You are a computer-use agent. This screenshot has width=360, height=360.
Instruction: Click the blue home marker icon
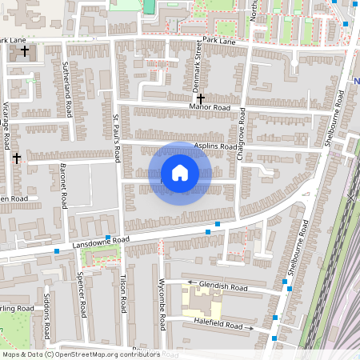pos(180,174)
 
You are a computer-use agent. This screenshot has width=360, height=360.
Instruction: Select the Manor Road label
pos(210,107)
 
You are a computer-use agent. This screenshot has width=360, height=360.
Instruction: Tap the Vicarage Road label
pos(6,125)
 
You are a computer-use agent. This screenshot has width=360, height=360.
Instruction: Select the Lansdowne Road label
pos(100,240)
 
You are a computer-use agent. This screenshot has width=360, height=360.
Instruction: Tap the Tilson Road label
pos(123,294)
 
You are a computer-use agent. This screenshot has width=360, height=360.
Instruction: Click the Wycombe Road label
pos(162,305)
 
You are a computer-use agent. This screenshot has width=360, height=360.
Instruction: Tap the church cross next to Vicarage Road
pos(16,158)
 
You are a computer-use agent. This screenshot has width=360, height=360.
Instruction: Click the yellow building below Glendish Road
pos(202,302)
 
